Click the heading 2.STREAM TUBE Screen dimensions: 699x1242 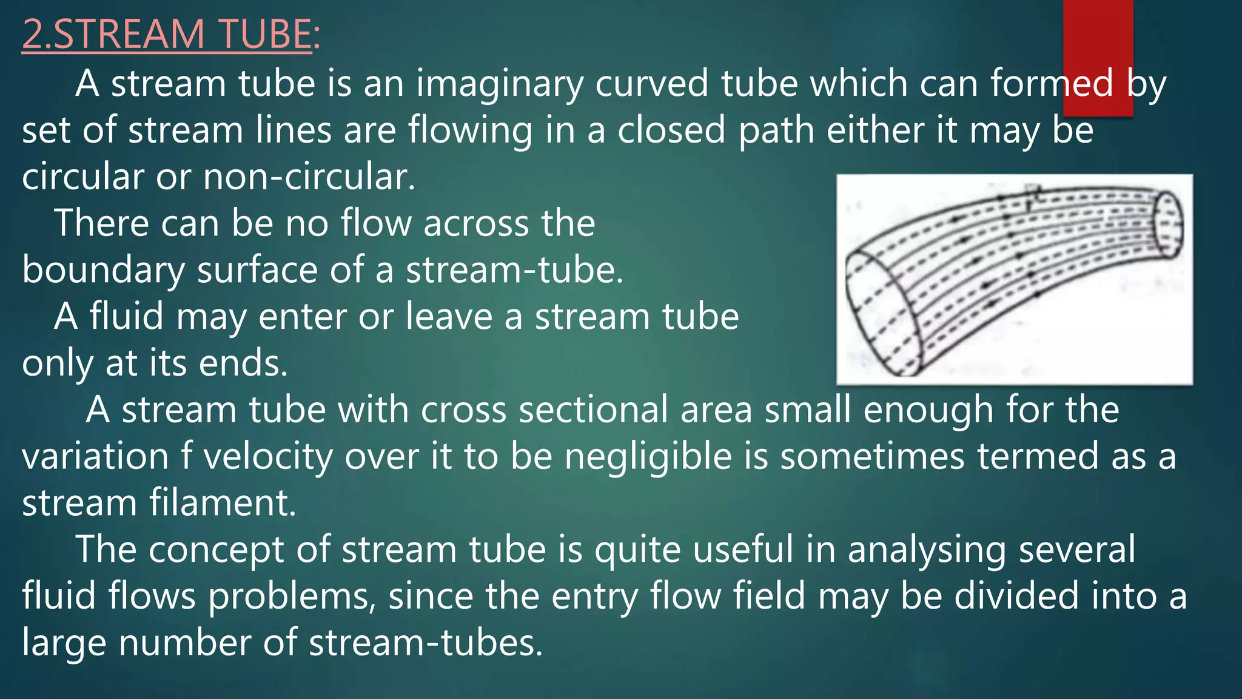pos(167,34)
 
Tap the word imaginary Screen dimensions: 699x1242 pos(499,84)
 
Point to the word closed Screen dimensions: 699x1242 pos(671,130)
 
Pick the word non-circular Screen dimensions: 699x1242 pos(309,177)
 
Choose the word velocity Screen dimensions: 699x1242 pos(268,457)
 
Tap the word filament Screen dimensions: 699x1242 pos(223,503)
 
